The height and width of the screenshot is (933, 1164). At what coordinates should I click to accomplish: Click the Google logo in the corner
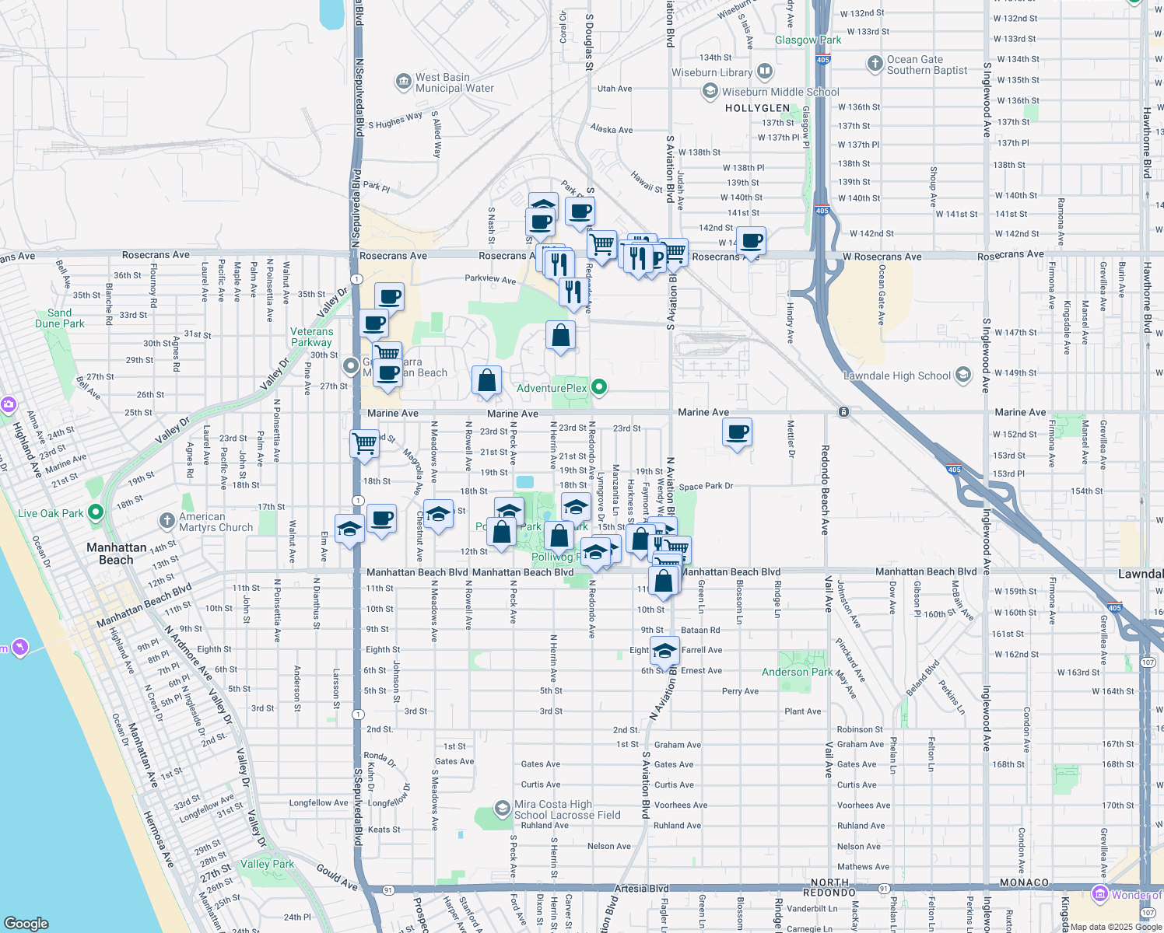(26, 923)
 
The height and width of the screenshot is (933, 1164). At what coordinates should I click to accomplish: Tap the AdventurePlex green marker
(598, 386)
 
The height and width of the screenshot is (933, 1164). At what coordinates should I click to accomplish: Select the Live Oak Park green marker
(96, 512)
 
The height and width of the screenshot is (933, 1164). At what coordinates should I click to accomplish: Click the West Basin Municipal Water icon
(403, 82)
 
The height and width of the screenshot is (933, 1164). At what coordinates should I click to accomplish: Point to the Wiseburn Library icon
(764, 72)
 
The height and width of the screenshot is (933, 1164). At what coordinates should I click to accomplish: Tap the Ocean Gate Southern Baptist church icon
(875, 63)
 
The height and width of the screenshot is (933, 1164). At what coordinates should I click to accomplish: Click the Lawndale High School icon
(963, 376)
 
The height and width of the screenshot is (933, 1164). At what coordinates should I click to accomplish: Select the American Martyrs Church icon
(167, 521)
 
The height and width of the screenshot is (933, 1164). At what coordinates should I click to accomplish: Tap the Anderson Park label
(797, 672)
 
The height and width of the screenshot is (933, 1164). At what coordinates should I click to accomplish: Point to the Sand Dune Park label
(60, 318)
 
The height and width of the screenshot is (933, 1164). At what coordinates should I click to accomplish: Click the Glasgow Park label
(808, 40)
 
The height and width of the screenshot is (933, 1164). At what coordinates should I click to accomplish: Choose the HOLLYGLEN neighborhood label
(757, 108)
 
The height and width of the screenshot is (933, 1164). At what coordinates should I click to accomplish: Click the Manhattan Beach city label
(116, 554)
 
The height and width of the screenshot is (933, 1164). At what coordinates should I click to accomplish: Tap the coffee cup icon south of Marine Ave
(737, 432)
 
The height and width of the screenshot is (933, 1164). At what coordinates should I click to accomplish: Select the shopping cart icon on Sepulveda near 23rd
(364, 444)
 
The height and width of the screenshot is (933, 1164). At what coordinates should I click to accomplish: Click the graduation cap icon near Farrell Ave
(664, 650)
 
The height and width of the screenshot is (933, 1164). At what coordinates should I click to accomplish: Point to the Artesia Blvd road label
(641, 888)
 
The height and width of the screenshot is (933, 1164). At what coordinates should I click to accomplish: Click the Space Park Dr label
(706, 487)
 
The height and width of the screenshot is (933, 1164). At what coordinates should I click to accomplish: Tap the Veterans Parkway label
(311, 337)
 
